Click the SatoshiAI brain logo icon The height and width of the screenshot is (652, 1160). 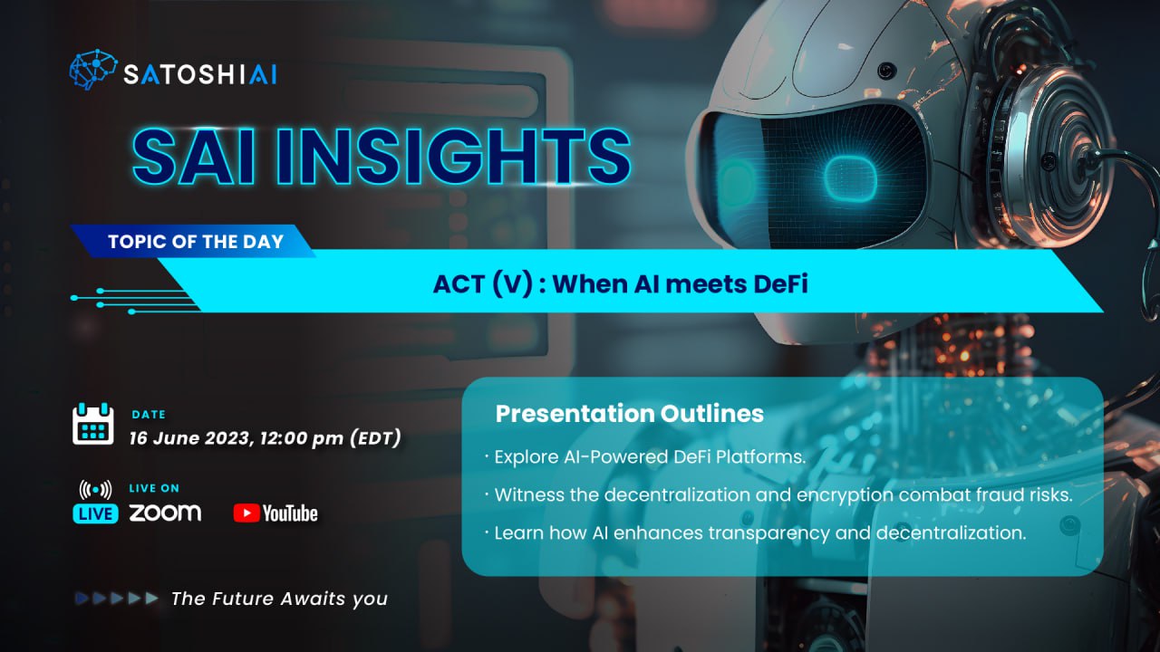tap(93, 70)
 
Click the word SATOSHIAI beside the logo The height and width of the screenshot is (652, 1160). tap(200, 74)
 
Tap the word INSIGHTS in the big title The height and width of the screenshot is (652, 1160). tap(454, 157)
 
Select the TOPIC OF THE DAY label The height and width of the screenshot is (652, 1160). tap(196, 242)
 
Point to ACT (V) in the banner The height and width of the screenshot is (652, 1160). tap(483, 284)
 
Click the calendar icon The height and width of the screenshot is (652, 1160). tap(93, 424)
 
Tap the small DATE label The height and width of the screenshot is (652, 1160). tap(149, 415)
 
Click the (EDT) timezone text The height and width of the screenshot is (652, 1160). tap(375, 437)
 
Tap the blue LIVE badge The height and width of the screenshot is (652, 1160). tap(95, 513)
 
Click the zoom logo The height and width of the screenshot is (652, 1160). tap(165, 513)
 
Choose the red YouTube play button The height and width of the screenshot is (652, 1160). tap(246, 513)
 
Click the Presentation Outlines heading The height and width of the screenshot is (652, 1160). tap(630, 414)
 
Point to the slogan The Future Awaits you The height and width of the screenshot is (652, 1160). tap(280, 599)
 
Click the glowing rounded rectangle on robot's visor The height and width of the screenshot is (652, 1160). tap(850, 179)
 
